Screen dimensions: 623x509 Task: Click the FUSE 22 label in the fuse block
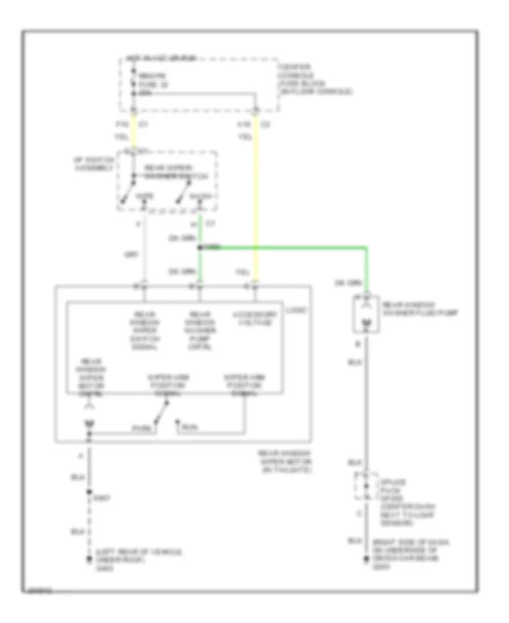coord(145,84)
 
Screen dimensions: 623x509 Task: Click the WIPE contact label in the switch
coord(147,195)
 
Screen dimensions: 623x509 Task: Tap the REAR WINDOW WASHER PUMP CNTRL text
coord(200,330)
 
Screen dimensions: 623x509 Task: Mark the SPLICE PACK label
coord(389,486)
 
